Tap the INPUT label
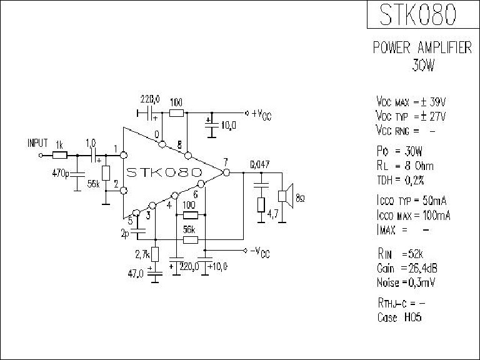37,142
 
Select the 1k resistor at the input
60,154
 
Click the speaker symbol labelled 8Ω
285,196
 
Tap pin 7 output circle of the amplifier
226,172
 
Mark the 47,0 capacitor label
137,273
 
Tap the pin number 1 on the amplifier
116,149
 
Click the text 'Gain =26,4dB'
406,269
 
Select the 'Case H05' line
399,317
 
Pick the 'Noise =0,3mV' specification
406,282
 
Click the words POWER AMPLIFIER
422,48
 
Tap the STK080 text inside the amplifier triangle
164,171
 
